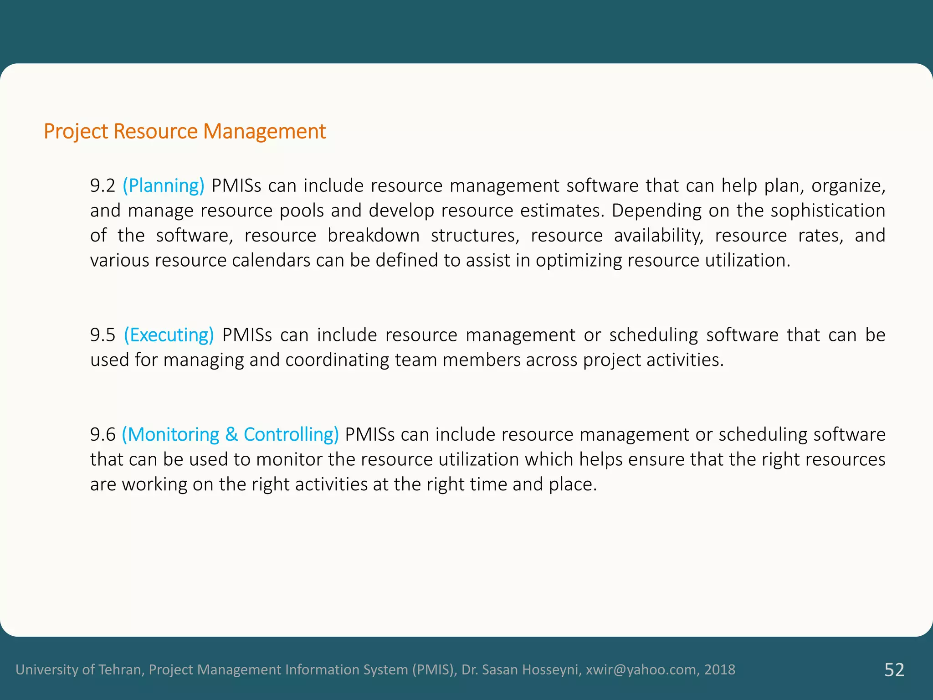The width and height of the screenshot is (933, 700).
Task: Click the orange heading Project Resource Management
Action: coord(185,131)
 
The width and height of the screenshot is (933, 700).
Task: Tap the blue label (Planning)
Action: coord(164,185)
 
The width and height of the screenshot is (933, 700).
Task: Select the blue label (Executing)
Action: coord(169,335)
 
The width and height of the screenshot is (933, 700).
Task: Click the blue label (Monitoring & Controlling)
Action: coord(230,434)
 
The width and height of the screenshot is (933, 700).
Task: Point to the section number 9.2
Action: coord(103,185)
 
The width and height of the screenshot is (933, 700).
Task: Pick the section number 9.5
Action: coord(103,335)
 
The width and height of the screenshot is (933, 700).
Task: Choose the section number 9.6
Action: coord(103,434)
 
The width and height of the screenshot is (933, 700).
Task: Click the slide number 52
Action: coord(894,669)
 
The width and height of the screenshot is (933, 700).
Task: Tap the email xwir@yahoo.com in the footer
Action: coord(641,669)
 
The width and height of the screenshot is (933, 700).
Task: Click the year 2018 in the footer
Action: coord(720,669)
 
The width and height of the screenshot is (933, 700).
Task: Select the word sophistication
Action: coord(828,211)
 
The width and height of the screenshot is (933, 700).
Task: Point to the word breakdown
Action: coord(374,236)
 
